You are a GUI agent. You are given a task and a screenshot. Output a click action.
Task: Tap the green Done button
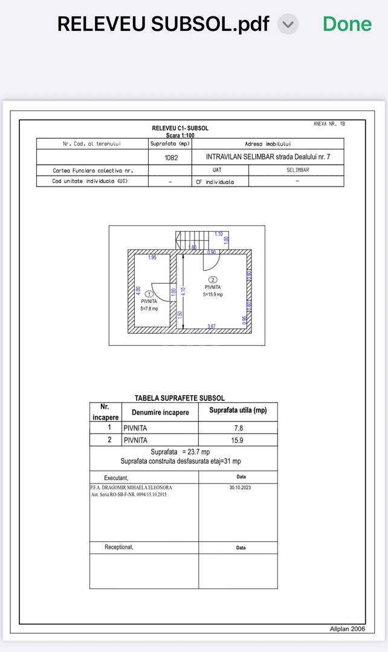coord(347,24)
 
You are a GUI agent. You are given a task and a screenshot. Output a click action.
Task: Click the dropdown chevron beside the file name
coord(288,24)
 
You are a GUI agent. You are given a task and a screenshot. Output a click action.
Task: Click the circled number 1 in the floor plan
coord(149,294)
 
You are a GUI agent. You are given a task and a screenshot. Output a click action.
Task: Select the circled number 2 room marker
coord(213,280)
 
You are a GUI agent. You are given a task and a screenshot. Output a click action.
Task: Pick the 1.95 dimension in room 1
coord(152,258)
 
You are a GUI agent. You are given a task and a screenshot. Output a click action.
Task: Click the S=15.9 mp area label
coord(213,295)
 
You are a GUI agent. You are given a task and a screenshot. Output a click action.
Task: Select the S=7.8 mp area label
coord(149,308)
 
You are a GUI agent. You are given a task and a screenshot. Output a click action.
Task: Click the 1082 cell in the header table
coord(170,158)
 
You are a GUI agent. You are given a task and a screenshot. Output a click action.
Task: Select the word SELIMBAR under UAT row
coord(297,170)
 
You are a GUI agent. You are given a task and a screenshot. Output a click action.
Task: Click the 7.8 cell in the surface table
coord(238,427)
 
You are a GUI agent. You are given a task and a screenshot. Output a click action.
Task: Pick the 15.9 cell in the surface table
coord(238,440)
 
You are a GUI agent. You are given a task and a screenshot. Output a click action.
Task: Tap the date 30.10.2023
coord(238,488)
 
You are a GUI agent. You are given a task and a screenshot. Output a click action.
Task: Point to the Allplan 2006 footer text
coord(348,628)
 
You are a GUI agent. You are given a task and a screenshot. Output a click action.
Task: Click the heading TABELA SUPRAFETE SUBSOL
coord(179,398)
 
